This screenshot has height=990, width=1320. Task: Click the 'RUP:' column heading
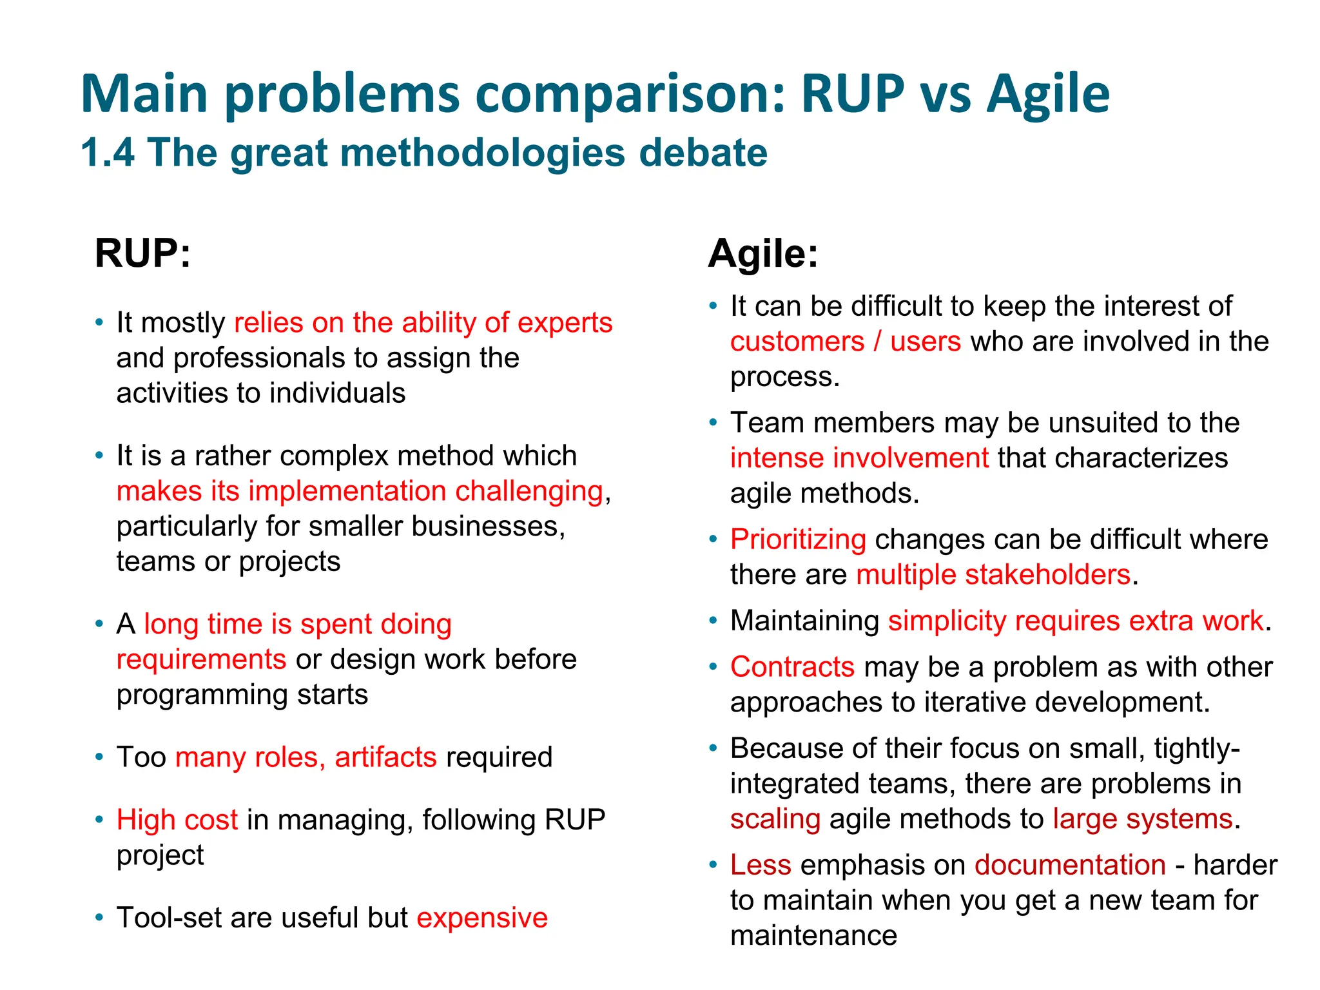point(142,253)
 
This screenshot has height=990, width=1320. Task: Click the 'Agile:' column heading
point(762,253)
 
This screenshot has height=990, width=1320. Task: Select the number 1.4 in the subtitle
point(108,153)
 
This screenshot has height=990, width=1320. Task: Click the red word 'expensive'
point(482,917)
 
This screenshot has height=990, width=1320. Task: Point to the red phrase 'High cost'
point(177,820)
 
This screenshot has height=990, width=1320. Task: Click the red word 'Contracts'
point(792,667)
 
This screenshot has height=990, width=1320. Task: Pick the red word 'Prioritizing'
point(798,539)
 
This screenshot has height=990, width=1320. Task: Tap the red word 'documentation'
point(1070,865)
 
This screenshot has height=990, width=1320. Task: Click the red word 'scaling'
point(775,819)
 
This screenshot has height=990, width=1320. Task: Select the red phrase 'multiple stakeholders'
point(993,574)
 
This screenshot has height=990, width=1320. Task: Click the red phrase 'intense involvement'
point(859,458)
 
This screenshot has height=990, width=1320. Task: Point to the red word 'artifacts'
point(385,757)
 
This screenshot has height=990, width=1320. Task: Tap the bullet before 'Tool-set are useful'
point(99,917)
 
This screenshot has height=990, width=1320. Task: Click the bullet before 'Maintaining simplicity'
point(713,621)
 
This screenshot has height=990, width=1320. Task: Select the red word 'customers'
point(797,342)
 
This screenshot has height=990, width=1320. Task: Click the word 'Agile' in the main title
point(1048,94)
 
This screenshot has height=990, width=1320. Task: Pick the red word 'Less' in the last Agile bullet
point(760,865)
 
